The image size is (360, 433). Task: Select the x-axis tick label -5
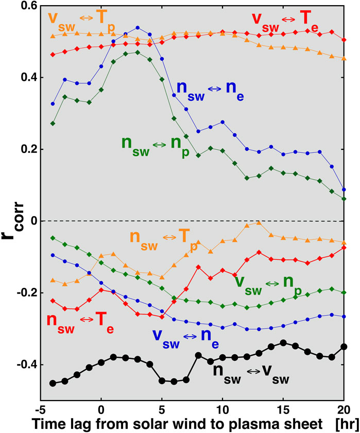coord(40,409)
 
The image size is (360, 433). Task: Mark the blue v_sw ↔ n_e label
coord(188,336)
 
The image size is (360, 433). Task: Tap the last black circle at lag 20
coord(344,347)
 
